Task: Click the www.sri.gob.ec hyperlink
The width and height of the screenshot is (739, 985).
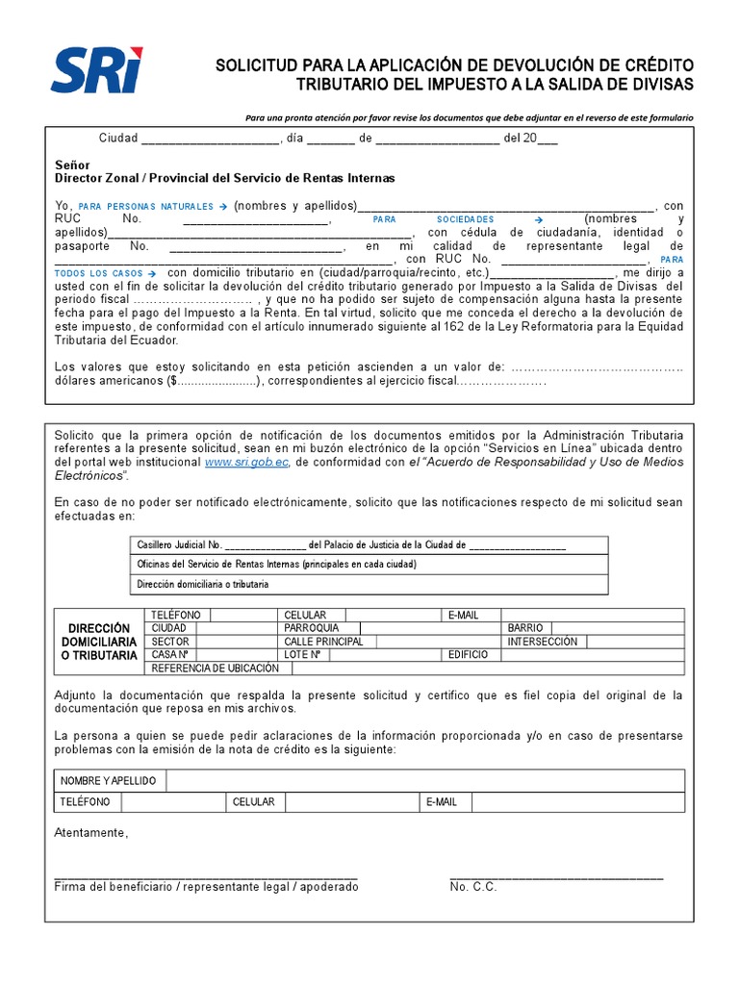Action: (x=247, y=463)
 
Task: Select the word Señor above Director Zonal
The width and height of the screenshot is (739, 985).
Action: (x=72, y=165)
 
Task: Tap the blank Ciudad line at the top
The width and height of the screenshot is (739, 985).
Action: (x=209, y=139)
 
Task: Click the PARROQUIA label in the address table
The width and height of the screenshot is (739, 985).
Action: (x=312, y=628)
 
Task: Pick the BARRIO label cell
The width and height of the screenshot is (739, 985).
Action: (x=524, y=628)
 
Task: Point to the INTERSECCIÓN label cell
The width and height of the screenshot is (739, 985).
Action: (x=543, y=642)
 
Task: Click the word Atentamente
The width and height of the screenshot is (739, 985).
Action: (x=90, y=833)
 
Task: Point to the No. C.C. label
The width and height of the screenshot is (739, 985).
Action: (x=472, y=887)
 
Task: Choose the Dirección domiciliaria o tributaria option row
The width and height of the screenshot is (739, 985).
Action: (x=369, y=584)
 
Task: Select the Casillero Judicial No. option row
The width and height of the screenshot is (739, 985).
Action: (x=369, y=544)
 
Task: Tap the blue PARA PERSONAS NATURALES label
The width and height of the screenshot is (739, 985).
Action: (x=151, y=206)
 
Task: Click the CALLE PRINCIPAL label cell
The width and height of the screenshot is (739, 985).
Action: (x=323, y=642)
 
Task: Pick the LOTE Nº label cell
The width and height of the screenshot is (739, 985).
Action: (x=301, y=654)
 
